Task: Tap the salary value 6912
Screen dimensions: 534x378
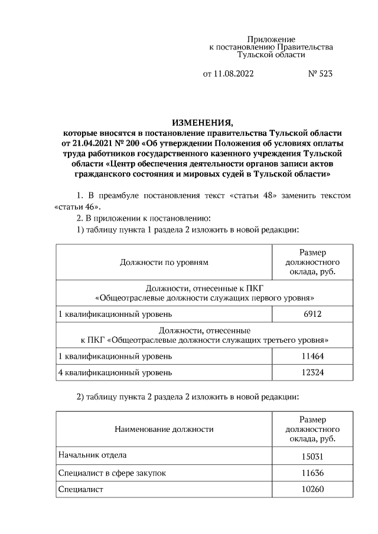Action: coord(312,314)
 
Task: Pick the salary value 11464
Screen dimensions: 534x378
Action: coord(312,356)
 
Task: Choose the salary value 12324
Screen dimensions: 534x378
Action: coord(312,372)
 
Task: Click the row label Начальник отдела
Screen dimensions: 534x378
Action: coord(92,456)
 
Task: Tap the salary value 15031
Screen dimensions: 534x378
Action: coord(312,456)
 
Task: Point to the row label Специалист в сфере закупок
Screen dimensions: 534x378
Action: coord(112,473)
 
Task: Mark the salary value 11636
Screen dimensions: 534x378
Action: coord(312,473)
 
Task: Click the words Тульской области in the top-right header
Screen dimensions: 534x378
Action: coord(271,55)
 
